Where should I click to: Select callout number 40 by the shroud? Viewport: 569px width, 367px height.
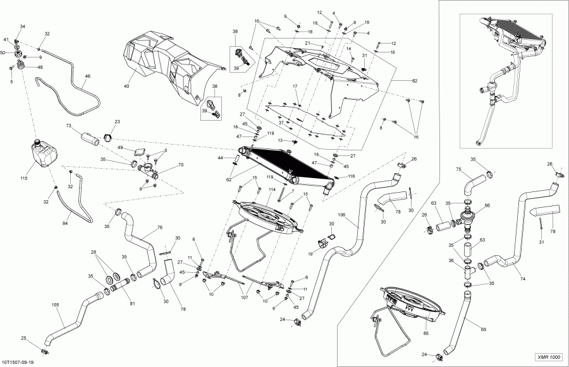click(126, 86)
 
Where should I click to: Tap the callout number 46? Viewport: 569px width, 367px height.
click(88, 76)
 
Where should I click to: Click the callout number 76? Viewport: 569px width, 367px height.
click(159, 227)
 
